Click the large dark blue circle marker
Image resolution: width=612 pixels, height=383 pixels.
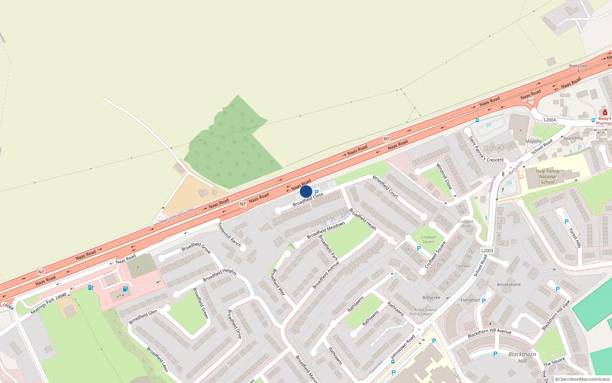306,191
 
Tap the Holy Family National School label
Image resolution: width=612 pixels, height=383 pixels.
548,177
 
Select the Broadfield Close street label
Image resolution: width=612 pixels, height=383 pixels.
308,199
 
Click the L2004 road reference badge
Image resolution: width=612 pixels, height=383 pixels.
550,120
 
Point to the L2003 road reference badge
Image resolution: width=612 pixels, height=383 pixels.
487,250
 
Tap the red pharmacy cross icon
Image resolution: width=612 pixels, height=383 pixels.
605,113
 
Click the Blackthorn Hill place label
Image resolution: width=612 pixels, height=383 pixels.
522,357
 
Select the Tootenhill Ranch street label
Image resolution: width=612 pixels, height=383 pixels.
229,234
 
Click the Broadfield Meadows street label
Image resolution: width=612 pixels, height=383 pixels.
326,230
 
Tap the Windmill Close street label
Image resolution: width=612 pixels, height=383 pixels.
444,176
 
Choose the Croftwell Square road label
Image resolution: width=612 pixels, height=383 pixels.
436,254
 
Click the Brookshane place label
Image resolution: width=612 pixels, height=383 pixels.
509,285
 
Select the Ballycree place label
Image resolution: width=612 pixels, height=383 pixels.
431,298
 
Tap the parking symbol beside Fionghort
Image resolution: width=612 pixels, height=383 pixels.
484,301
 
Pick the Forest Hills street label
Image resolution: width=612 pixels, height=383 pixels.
575,238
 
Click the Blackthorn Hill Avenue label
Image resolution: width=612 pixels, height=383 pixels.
489,333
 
